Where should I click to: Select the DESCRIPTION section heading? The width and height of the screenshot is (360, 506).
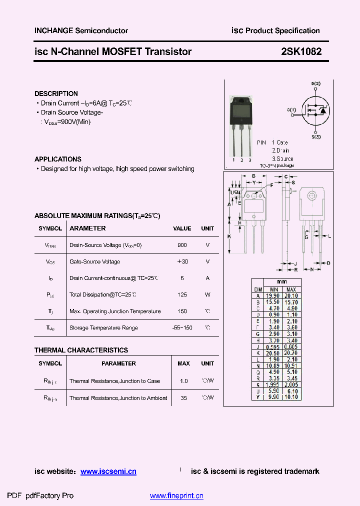pos(56,93)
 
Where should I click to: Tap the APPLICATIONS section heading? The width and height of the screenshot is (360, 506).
pos(58,159)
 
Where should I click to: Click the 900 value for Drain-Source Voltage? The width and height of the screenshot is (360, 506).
pos(182,245)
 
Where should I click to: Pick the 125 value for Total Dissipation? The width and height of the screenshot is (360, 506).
pos(182,294)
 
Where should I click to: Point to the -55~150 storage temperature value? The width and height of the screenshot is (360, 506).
pos(182,328)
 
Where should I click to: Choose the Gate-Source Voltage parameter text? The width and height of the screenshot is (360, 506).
pos(94,261)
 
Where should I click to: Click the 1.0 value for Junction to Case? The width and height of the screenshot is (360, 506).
pos(183,381)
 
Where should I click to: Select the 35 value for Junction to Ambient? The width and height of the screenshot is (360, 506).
pos(183,398)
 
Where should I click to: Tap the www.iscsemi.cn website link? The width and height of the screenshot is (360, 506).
pos(108,471)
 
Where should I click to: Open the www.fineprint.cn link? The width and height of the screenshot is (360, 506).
pos(176,496)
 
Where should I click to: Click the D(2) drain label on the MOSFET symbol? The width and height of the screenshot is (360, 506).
pos(315,83)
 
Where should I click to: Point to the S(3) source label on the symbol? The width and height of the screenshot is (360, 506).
pos(316,136)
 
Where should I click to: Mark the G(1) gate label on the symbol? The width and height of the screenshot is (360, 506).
pos(291,109)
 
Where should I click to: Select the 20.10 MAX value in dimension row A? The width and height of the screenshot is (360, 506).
pos(291,296)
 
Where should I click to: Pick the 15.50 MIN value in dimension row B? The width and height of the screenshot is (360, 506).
pos(273,302)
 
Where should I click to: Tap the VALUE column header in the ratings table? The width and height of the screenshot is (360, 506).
pos(182,228)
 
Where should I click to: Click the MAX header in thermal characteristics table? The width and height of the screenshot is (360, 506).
pos(183,363)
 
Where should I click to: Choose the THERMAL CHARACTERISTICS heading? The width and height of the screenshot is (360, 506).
pos(81,350)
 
